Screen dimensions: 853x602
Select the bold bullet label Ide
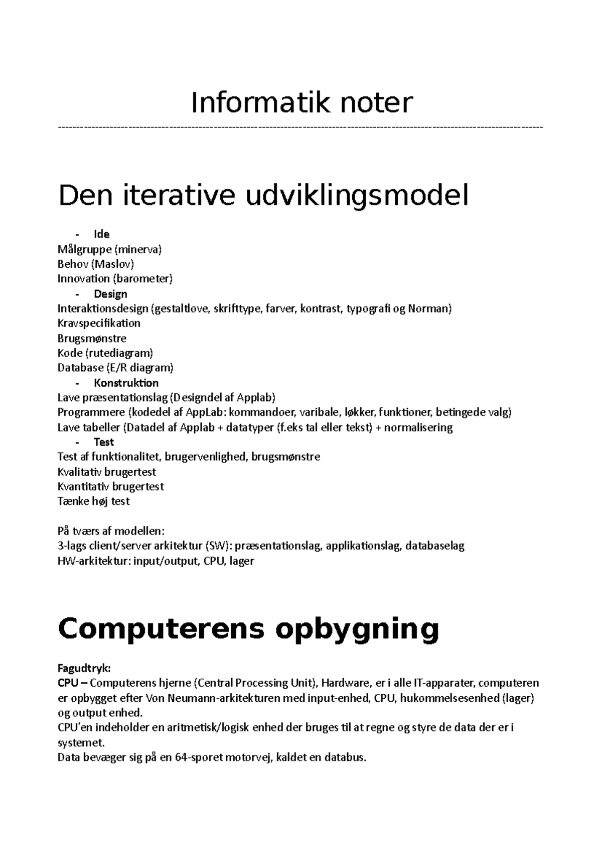tap(101, 234)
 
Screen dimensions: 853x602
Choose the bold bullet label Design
tap(110, 294)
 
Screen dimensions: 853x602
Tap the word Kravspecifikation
tap(99, 323)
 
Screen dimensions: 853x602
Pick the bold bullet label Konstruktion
tap(126, 383)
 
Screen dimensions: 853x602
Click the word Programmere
tap(91, 412)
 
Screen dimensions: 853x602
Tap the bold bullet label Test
tap(104, 442)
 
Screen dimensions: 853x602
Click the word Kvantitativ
tap(83, 487)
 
